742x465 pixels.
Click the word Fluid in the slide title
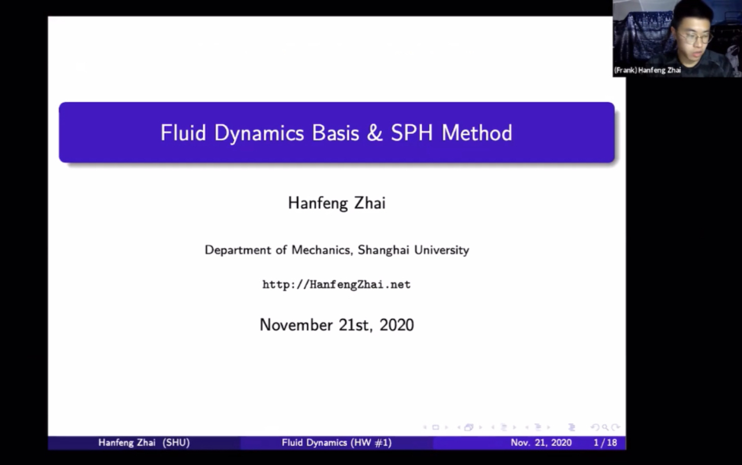coord(183,133)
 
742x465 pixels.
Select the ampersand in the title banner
coord(374,133)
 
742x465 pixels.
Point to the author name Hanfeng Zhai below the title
coord(336,203)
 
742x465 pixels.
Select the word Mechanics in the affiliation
coord(321,250)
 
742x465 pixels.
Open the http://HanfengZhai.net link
coord(336,285)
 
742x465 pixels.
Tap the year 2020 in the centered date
coord(396,325)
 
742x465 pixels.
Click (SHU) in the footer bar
coord(176,443)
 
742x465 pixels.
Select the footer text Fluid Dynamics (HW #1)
coord(336,443)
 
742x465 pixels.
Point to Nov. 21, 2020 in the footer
coord(541,443)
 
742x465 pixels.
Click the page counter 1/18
coord(605,443)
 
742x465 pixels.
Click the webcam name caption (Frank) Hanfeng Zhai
coord(647,70)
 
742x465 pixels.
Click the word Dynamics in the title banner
coord(258,133)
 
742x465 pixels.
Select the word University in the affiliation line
coord(443,250)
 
